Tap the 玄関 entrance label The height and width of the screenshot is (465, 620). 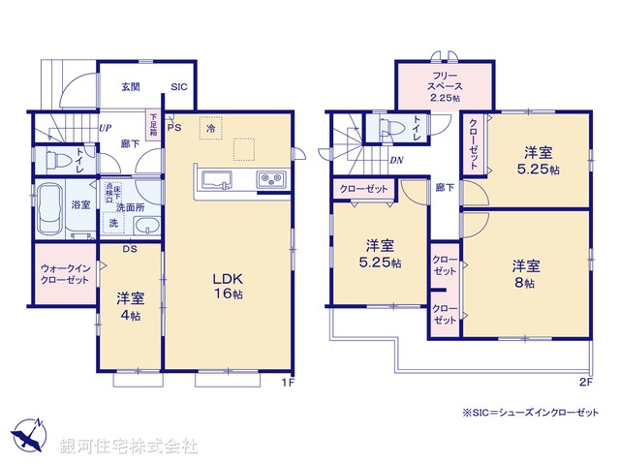click(x=131, y=87)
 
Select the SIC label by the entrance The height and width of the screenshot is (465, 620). click(x=179, y=87)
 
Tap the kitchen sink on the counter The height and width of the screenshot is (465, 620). click(x=215, y=180)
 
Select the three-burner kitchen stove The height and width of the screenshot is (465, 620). click(x=268, y=180)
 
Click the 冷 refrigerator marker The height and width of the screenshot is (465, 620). click(x=209, y=126)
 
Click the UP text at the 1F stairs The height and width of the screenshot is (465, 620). click(x=103, y=127)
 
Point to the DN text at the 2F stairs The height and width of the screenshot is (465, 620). click(x=396, y=161)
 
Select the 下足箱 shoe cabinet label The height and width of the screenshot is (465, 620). click(x=152, y=124)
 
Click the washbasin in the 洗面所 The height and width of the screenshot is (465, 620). click(x=145, y=228)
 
